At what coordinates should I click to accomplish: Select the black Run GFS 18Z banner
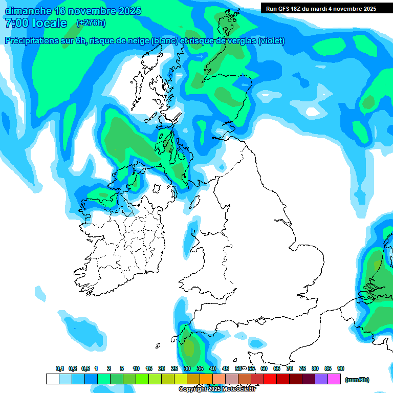point(321,8)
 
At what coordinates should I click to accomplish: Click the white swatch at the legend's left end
point(52,379)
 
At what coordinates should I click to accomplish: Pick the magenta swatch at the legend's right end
point(335,379)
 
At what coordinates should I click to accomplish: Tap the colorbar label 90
point(341,368)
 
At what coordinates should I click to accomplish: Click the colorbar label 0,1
point(60,368)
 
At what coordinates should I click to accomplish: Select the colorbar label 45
point(226,368)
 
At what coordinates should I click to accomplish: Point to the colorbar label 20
point(162,368)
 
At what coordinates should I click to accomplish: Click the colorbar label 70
point(290,368)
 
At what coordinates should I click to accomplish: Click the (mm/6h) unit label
point(357,380)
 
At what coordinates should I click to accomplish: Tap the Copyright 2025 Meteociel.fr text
point(217,389)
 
